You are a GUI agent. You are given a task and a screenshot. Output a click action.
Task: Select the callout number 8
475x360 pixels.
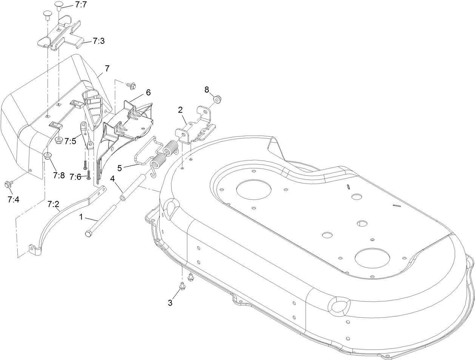[207, 90]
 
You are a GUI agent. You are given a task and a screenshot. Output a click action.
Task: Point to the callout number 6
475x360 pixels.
[148, 92]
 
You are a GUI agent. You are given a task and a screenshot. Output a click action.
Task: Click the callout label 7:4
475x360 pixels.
[13, 200]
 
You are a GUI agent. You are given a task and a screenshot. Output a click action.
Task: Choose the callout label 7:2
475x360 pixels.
[53, 204]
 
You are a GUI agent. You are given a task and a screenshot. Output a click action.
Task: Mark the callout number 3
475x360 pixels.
[170, 303]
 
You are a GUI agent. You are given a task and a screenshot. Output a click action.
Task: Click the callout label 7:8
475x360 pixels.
[59, 175]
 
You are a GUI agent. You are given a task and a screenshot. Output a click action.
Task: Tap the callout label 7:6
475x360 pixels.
[76, 177]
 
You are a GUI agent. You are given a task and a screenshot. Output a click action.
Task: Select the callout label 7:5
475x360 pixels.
[70, 141]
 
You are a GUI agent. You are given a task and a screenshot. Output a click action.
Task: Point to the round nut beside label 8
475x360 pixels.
[217, 99]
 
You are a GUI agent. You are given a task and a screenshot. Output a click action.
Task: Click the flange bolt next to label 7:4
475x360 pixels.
[7, 184]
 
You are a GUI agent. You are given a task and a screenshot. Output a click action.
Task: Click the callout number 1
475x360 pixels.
[80, 217]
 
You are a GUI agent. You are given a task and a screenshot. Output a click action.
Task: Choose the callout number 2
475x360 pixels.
[180, 110]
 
